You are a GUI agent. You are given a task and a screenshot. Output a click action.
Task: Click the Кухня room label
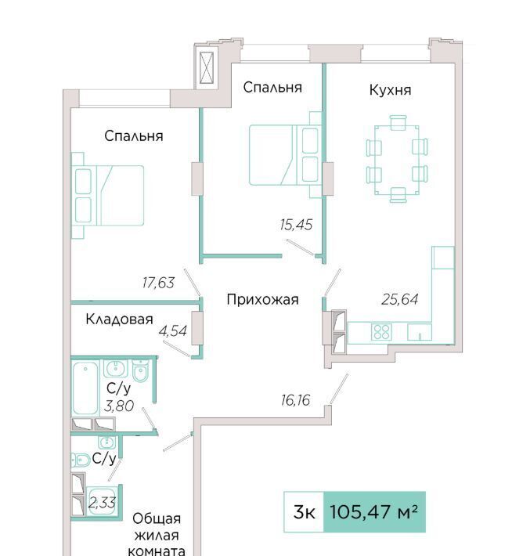coord(390,90)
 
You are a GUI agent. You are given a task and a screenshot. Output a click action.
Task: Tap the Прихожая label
coord(262,300)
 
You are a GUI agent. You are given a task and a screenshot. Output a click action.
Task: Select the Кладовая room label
coord(119,320)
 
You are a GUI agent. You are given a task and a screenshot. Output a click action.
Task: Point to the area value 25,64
coord(399,299)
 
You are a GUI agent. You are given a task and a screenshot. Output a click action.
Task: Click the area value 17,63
coord(158,283)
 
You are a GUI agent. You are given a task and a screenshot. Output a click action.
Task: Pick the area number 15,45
coord(296,225)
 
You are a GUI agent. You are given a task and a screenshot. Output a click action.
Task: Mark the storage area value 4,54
coord(173,330)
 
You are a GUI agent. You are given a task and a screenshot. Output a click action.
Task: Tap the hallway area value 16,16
coord(295,400)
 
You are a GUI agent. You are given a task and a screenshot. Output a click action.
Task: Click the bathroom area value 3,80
coord(119,406)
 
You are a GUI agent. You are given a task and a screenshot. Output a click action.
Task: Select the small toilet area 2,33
coord(102,503)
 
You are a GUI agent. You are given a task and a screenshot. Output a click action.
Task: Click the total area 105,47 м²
coord(374,512)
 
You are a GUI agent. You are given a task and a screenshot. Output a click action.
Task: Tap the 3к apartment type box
coord(304,512)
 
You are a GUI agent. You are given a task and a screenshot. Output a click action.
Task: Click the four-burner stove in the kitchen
coord(381,332)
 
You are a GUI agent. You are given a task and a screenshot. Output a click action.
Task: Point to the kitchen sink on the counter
coord(420,332)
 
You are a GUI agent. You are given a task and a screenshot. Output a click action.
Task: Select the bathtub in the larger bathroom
coord(85,388)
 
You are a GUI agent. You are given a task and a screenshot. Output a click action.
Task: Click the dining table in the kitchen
coord(397,160)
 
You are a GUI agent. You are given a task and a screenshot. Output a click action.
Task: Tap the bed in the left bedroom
coord(108,195)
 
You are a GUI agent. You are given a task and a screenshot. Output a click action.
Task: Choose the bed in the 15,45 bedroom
coord(285,155)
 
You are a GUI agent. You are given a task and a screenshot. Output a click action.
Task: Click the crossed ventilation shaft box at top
coord(207,68)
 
